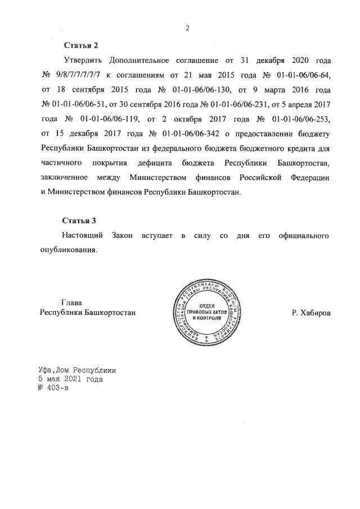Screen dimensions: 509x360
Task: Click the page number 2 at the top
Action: pyautogui.click(x=187, y=29)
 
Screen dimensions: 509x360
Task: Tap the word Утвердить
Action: pyautogui.click(x=81, y=60)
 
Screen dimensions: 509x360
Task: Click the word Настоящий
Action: pyautogui.click(x=84, y=236)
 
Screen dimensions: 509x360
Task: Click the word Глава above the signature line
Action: pyautogui.click(x=71, y=303)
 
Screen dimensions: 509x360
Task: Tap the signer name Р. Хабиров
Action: pyautogui.click(x=311, y=312)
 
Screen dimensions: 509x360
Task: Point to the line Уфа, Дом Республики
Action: pyautogui.click(x=78, y=371)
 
